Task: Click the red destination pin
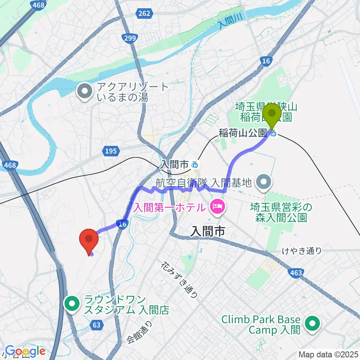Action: pyautogui.click(x=89, y=241)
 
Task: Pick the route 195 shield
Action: pyautogui.click(x=111, y=151)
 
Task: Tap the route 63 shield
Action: pyautogui.click(x=97, y=325)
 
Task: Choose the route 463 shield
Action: pyautogui.click(x=296, y=273)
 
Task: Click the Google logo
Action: pyautogui.click(x=25, y=351)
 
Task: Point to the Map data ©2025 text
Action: pyautogui.click(x=328, y=354)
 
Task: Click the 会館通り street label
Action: pyautogui.click(x=139, y=333)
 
